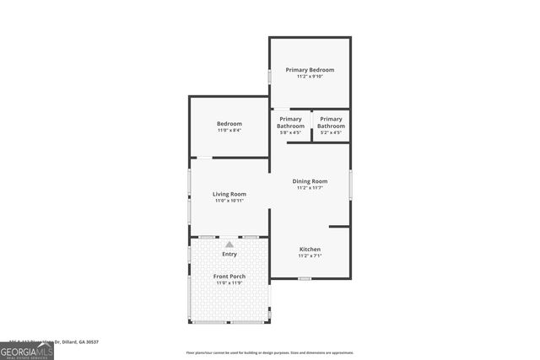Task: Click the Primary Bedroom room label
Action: click(x=310, y=70)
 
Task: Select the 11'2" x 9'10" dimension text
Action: click(x=310, y=77)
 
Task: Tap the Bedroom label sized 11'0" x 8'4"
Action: click(x=229, y=124)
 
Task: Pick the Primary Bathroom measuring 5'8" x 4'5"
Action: click(x=290, y=123)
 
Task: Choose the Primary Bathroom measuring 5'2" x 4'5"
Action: click(x=331, y=123)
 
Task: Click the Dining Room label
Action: click(x=310, y=181)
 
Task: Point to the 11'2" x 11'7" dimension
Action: click(x=310, y=188)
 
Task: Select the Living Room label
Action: click(x=229, y=194)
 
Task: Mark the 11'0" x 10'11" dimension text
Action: click(x=229, y=201)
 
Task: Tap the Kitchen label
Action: click(x=310, y=250)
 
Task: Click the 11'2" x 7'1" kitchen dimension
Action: click(x=310, y=256)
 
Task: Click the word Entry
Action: click(x=229, y=254)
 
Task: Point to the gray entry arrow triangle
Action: click(x=229, y=244)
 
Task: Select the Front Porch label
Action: click(x=229, y=276)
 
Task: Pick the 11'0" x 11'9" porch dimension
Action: click(x=229, y=282)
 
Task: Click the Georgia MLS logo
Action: click(x=26, y=351)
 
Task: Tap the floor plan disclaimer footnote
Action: click(x=269, y=352)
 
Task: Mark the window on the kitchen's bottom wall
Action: click(x=305, y=278)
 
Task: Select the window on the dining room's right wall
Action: click(x=350, y=185)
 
